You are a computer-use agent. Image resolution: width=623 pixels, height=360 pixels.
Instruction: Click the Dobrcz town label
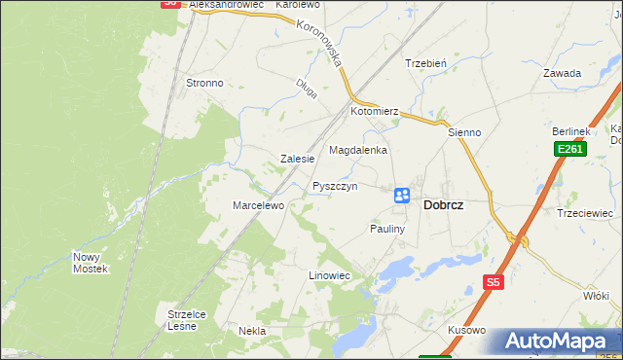coord(443,206)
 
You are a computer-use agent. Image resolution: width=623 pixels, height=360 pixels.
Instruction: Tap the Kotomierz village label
coord(376,112)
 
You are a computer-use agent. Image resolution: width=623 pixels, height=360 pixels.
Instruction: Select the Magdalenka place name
coord(358,151)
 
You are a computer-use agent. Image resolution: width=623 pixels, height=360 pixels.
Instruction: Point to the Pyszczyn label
coord(335,186)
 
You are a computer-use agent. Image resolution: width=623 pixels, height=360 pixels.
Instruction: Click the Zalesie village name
coord(297,159)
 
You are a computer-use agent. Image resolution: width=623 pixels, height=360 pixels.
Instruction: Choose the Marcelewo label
coord(257,206)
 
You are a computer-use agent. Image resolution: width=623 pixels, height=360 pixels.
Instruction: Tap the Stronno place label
coord(204,84)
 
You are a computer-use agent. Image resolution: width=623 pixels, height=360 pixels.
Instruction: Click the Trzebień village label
coord(425,64)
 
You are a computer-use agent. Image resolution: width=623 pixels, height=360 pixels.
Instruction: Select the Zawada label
coord(563,73)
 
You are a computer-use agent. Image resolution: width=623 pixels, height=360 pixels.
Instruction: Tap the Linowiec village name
coord(329,276)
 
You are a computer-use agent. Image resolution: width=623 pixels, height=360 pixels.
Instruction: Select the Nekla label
coord(252,331)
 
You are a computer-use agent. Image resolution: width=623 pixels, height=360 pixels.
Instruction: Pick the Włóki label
coord(595,295)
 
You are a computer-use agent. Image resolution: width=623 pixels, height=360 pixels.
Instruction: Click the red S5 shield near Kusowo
coord(494,283)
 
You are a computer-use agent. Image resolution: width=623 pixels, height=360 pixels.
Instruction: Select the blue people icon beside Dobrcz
coord(401,196)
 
